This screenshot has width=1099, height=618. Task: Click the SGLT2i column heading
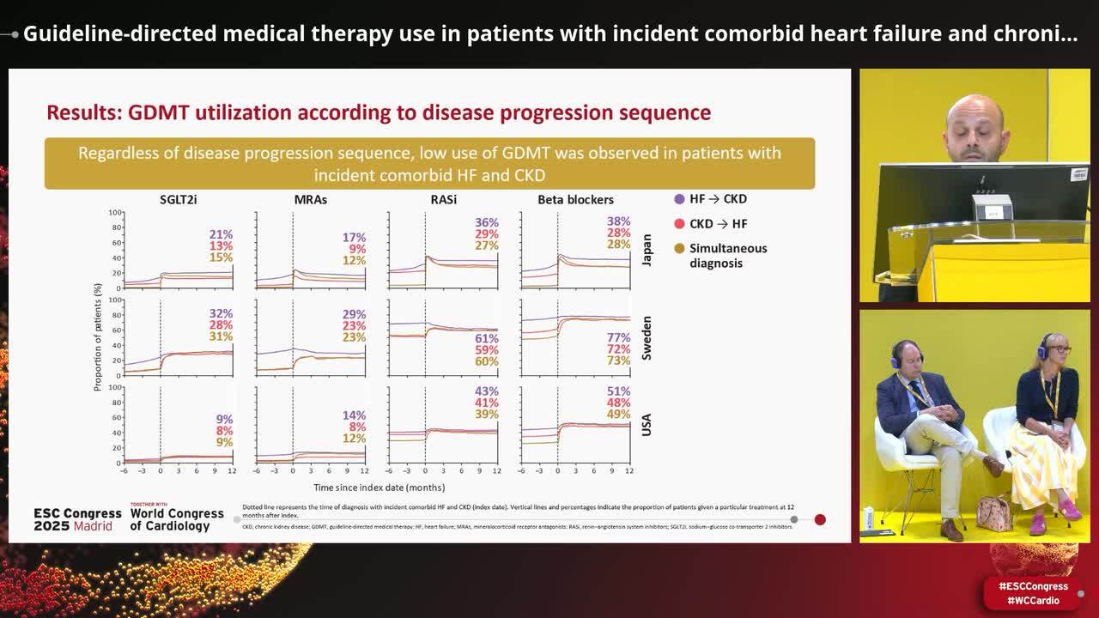coord(179,199)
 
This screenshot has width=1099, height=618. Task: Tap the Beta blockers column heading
coord(575,199)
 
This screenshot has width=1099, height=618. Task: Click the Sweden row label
coord(647,337)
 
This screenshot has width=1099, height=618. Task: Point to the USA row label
coord(647,425)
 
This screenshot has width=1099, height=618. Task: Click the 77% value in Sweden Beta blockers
coord(619,338)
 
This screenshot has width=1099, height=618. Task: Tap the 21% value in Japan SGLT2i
coord(221,234)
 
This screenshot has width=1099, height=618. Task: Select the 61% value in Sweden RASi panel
coord(487,339)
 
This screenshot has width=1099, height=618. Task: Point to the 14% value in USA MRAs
coord(354,415)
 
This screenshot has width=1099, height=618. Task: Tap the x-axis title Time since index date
coord(379,487)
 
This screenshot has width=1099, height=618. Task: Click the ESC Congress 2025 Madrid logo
coord(73,519)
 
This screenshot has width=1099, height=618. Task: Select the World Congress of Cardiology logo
coord(176,518)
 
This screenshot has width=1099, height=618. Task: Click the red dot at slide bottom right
coord(820,519)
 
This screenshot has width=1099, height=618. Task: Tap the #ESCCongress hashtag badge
coord(1033,586)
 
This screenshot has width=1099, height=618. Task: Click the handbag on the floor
coord(994,513)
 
